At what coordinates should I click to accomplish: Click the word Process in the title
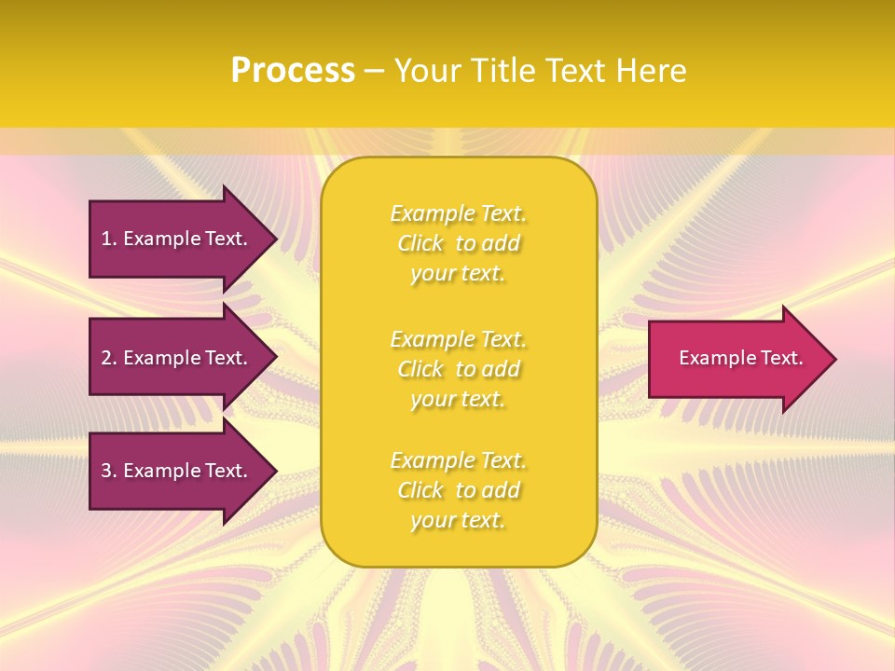pyautogui.click(x=293, y=71)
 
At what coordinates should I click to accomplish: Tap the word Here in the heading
pyautogui.click(x=650, y=71)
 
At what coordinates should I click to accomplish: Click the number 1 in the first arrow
pyautogui.click(x=106, y=239)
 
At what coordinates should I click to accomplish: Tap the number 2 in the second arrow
pyautogui.click(x=106, y=358)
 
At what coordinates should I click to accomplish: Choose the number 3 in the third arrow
pyautogui.click(x=106, y=471)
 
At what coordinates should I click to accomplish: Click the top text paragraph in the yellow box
pyautogui.click(x=458, y=243)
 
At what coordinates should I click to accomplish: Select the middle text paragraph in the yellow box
pyautogui.click(x=458, y=369)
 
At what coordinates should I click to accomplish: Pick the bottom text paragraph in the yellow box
pyautogui.click(x=458, y=490)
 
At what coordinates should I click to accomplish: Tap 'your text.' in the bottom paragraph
pyautogui.click(x=458, y=520)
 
